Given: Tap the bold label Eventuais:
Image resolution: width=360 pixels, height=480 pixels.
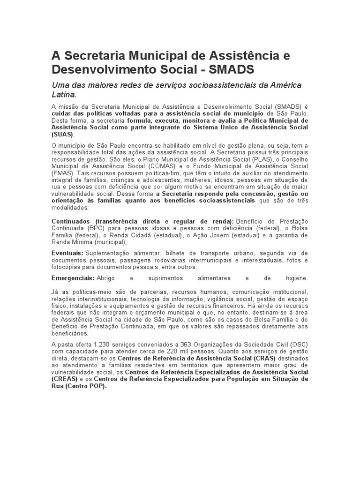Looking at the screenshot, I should pyautogui.click(x=67, y=253).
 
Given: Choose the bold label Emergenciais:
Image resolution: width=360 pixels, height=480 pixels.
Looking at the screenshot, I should pyautogui.click(x=73, y=278).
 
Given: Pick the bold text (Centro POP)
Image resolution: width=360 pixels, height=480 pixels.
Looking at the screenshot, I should pyautogui.click(x=85, y=387).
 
